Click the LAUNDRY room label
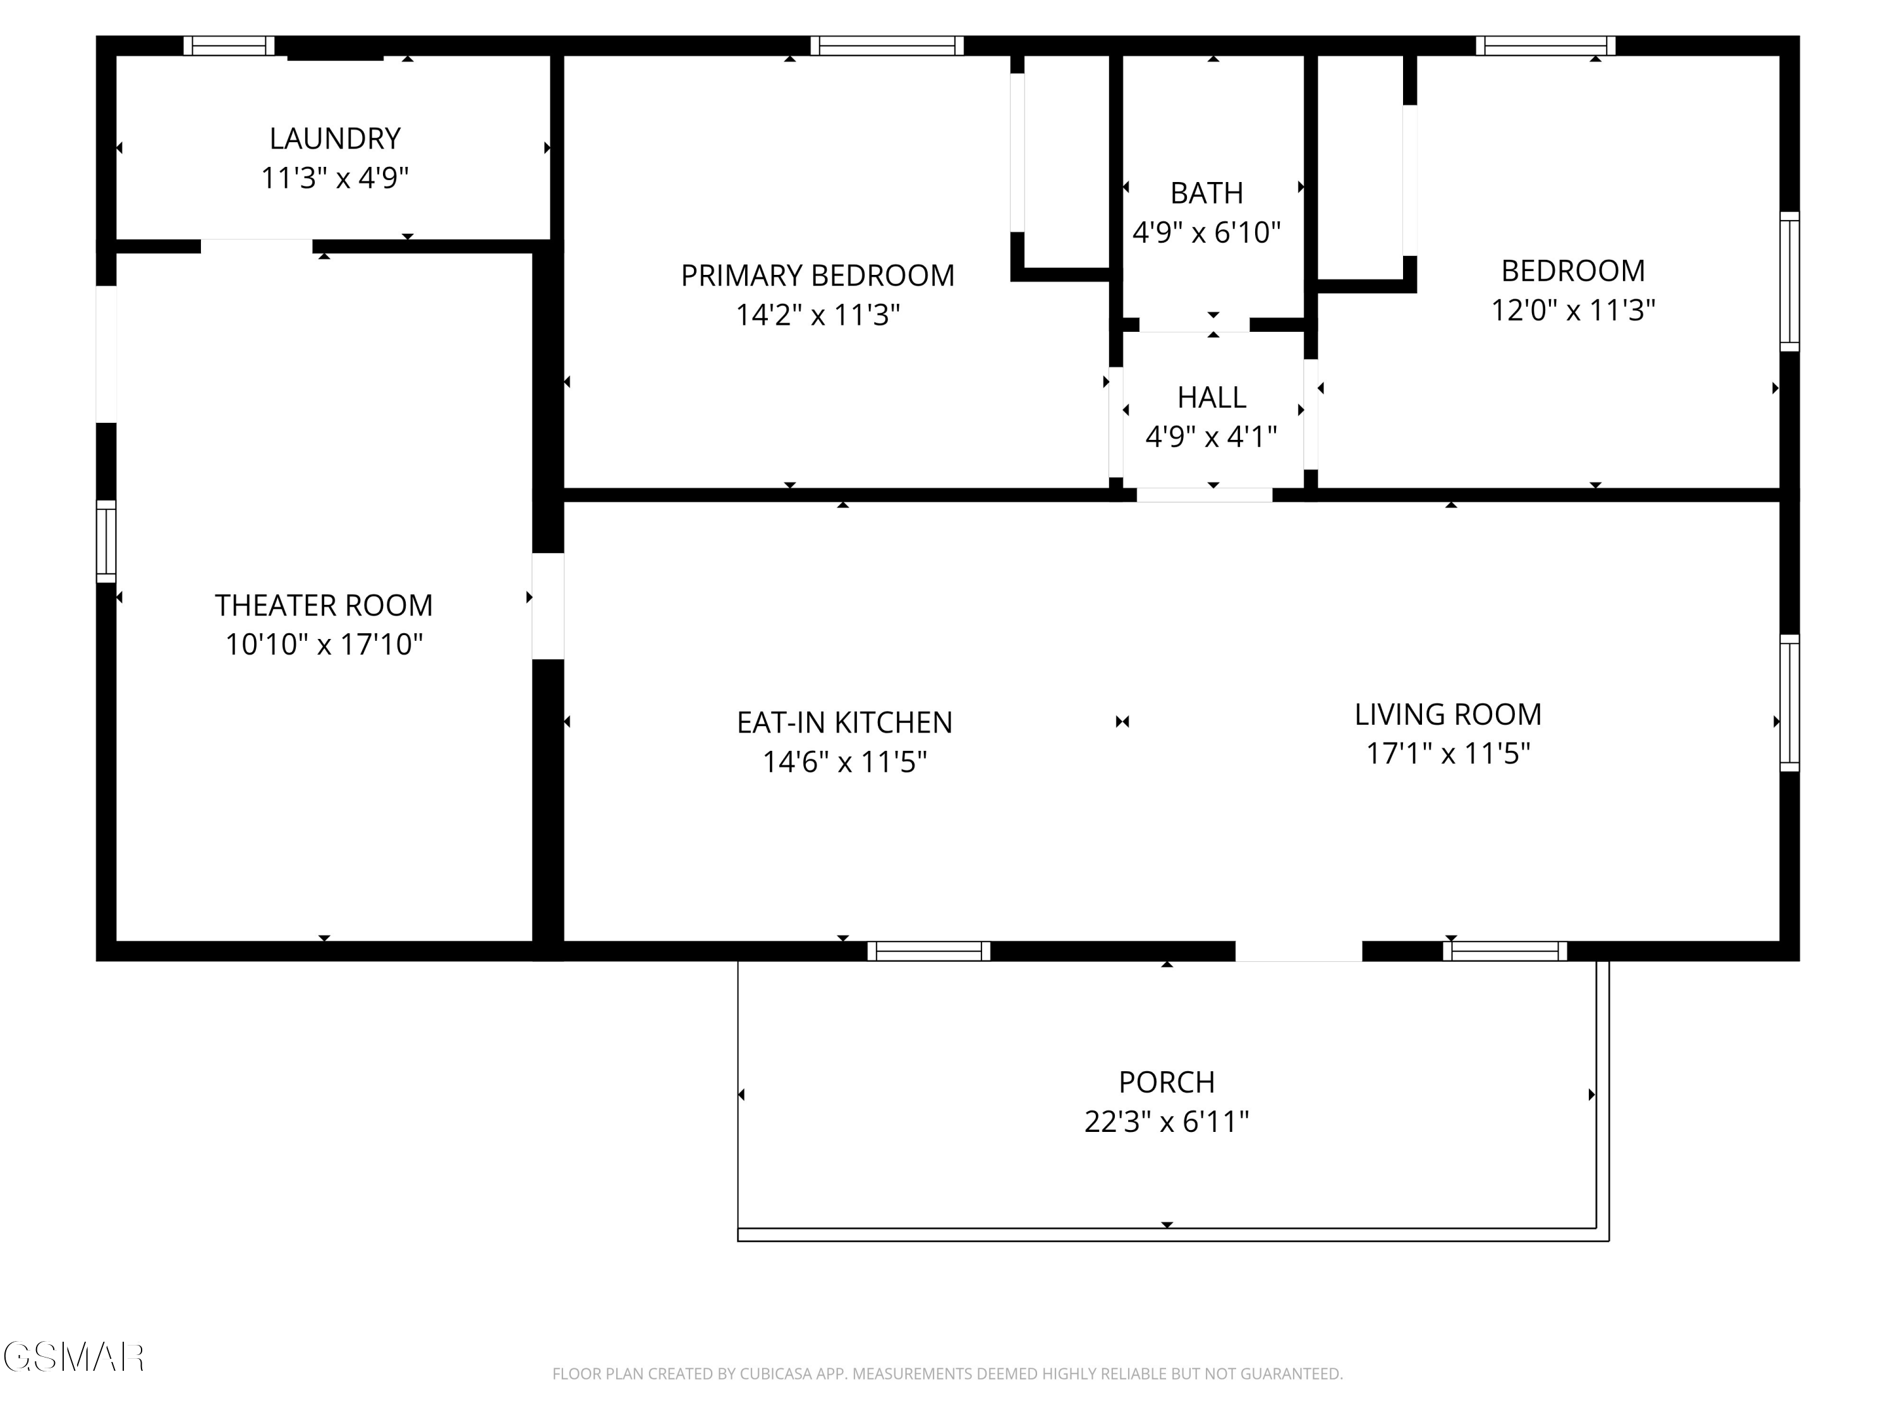tap(334, 138)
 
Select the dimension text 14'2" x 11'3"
tap(818, 315)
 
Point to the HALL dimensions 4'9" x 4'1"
tap(1211, 437)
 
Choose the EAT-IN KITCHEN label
tap(844, 722)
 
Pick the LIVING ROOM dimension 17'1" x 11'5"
tap(1448, 753)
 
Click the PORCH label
tap(1167, 1083)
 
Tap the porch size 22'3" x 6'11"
tap(1167, 1122)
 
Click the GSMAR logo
tap(74, 1358)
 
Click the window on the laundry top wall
tap(229, 46)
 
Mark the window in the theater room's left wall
tap(106, 541)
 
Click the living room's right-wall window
tap(1790, 703)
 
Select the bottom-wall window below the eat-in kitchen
tap(928, 951)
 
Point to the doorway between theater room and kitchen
tap(548, 606)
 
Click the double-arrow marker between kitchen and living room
tap(1122, 722)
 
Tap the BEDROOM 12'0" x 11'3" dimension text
tap(1573, 310)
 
